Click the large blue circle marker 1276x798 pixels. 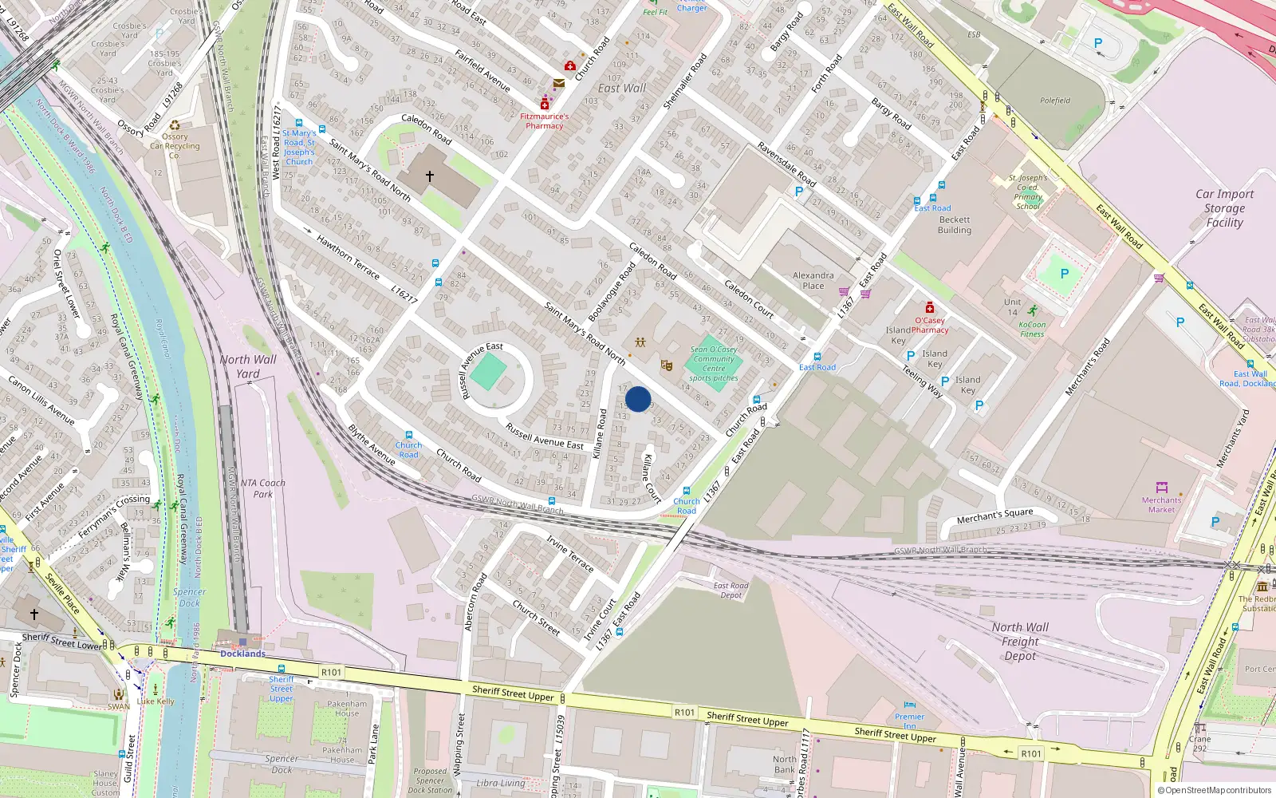pos(638,399)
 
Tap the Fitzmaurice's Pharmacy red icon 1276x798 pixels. pos(545,105)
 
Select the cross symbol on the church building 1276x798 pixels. pos(430,176)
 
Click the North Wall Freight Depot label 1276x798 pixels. pos(1020,642)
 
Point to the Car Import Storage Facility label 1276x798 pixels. pos(1224,208)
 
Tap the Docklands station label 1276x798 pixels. pos(242,654)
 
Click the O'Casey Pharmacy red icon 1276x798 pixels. pos(929,308)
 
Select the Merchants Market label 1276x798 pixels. pos(1161,504)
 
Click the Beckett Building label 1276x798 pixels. pos(955,224)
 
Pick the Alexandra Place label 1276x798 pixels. pos(813,280)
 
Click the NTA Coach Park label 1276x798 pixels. pos(262,488)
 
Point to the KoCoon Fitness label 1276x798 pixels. pos(1032,329)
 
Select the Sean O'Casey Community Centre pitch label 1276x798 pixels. pos(714,364)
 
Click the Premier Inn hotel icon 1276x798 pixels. pos(910,705)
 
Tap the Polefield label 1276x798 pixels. pos(1055,101)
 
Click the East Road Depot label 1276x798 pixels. pos(731,590)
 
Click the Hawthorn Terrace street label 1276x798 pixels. pos(348,256)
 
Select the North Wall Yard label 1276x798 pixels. pos(248,366)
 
